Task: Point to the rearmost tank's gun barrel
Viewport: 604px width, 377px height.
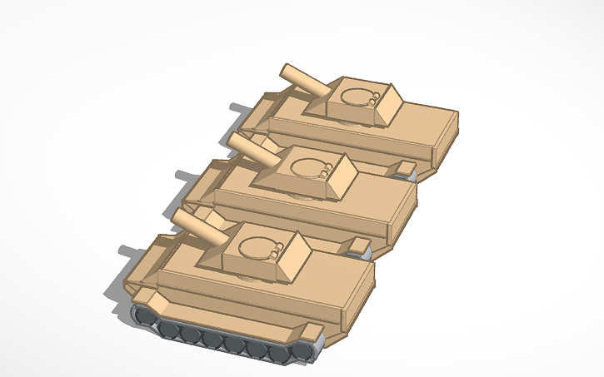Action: tap(305, 80)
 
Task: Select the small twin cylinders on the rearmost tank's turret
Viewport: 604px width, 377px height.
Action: tap(376, 100)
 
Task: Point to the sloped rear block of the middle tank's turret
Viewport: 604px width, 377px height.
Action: tap(344, 176)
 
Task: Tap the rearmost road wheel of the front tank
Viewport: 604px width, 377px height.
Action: tap(299, 353)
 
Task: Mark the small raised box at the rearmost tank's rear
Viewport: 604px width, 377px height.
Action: tap(406, 169)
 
